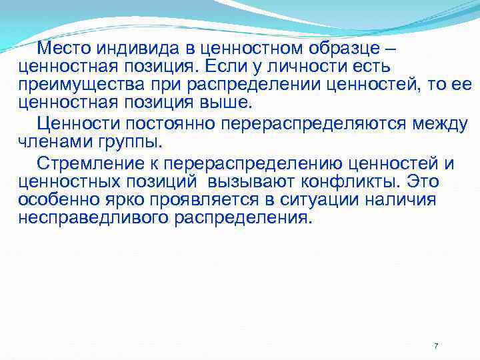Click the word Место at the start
tap(65, 49)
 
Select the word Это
tap(423, 181)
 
